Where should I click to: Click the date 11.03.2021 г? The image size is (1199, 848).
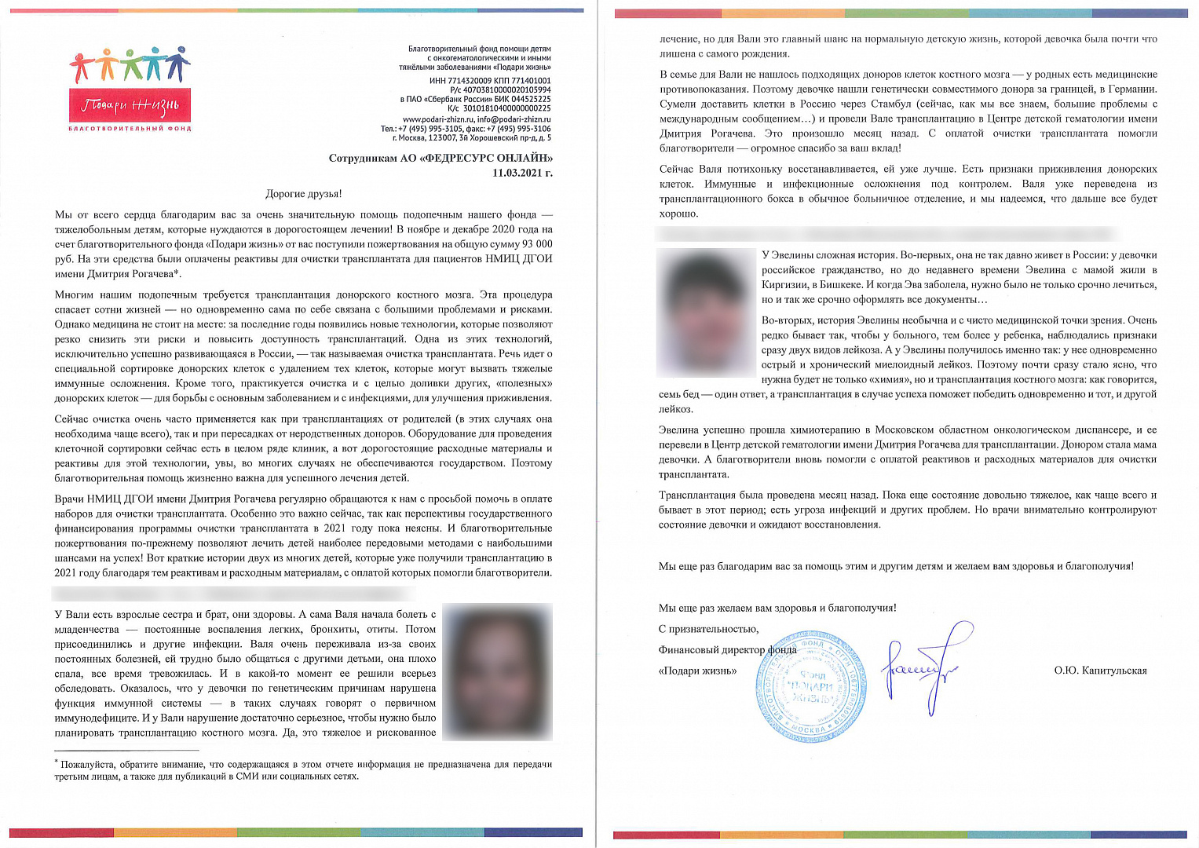522,173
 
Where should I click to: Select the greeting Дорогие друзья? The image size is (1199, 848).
303,193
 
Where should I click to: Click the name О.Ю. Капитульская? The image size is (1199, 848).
1100,671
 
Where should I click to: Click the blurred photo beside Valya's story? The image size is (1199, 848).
497,671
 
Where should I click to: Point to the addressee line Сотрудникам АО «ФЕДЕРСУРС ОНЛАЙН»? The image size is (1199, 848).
440,158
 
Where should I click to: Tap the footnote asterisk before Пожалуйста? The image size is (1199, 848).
57,762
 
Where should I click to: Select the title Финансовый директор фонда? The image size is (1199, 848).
727,650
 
